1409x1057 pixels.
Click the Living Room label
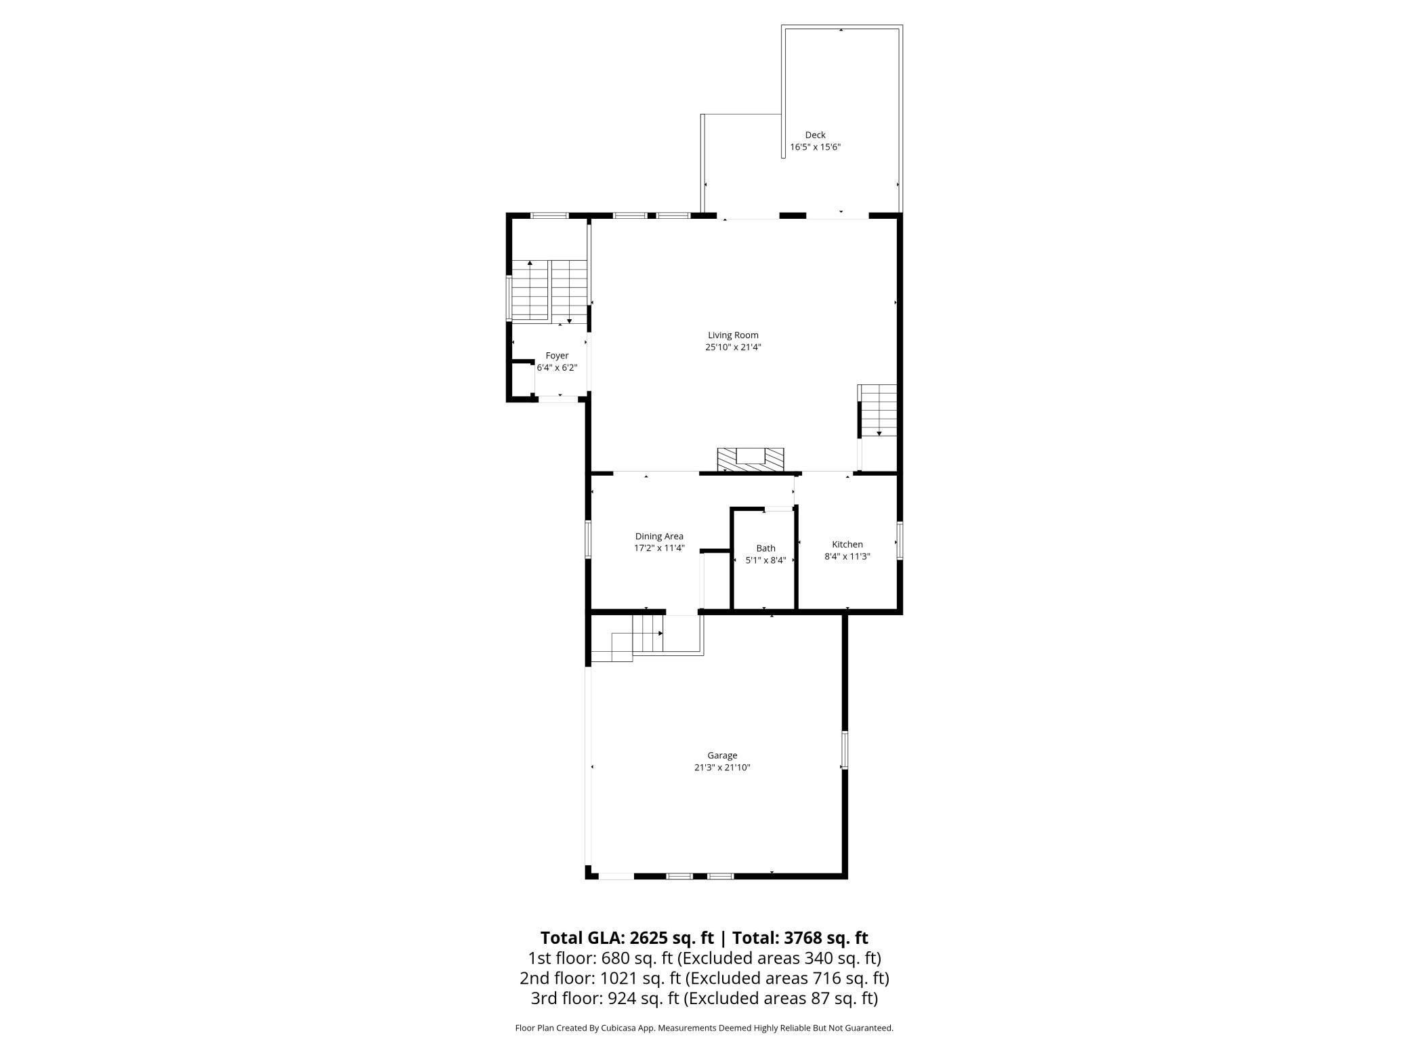(733, 335)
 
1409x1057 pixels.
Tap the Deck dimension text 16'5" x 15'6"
(815, 147)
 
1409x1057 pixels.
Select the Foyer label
(557, 356)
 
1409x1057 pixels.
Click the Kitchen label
(847, 544)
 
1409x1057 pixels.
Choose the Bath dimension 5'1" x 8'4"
(765, 560)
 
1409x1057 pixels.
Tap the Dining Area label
(659, 537)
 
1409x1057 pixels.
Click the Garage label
(722, 755)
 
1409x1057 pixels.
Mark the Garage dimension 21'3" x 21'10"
(722, 768)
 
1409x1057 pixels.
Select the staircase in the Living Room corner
(878, 411)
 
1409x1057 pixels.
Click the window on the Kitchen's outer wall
(900, 540)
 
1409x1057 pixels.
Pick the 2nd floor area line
(704, 978)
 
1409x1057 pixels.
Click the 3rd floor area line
(704, 998)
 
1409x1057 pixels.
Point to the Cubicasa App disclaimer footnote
(704, 1028)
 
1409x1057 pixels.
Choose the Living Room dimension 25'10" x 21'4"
(733, 347)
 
